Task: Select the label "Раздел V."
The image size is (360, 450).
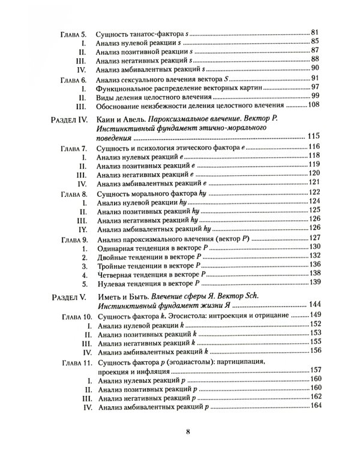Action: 67,296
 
